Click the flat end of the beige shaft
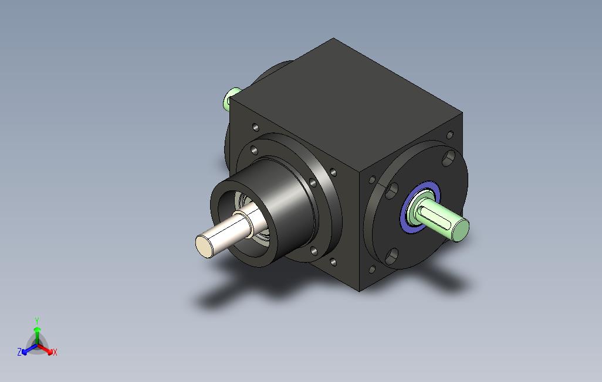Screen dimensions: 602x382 [x=204, y=246]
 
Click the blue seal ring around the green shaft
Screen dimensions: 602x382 [x=420, y=206]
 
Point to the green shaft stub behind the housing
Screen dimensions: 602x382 [x=231, y=98]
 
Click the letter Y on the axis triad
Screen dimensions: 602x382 [x=37, y=320]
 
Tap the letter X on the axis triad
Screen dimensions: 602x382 [x=55, y=352]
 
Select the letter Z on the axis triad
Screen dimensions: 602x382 [x=19, y=352]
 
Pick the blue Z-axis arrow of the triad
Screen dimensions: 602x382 [x=29, y=349]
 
